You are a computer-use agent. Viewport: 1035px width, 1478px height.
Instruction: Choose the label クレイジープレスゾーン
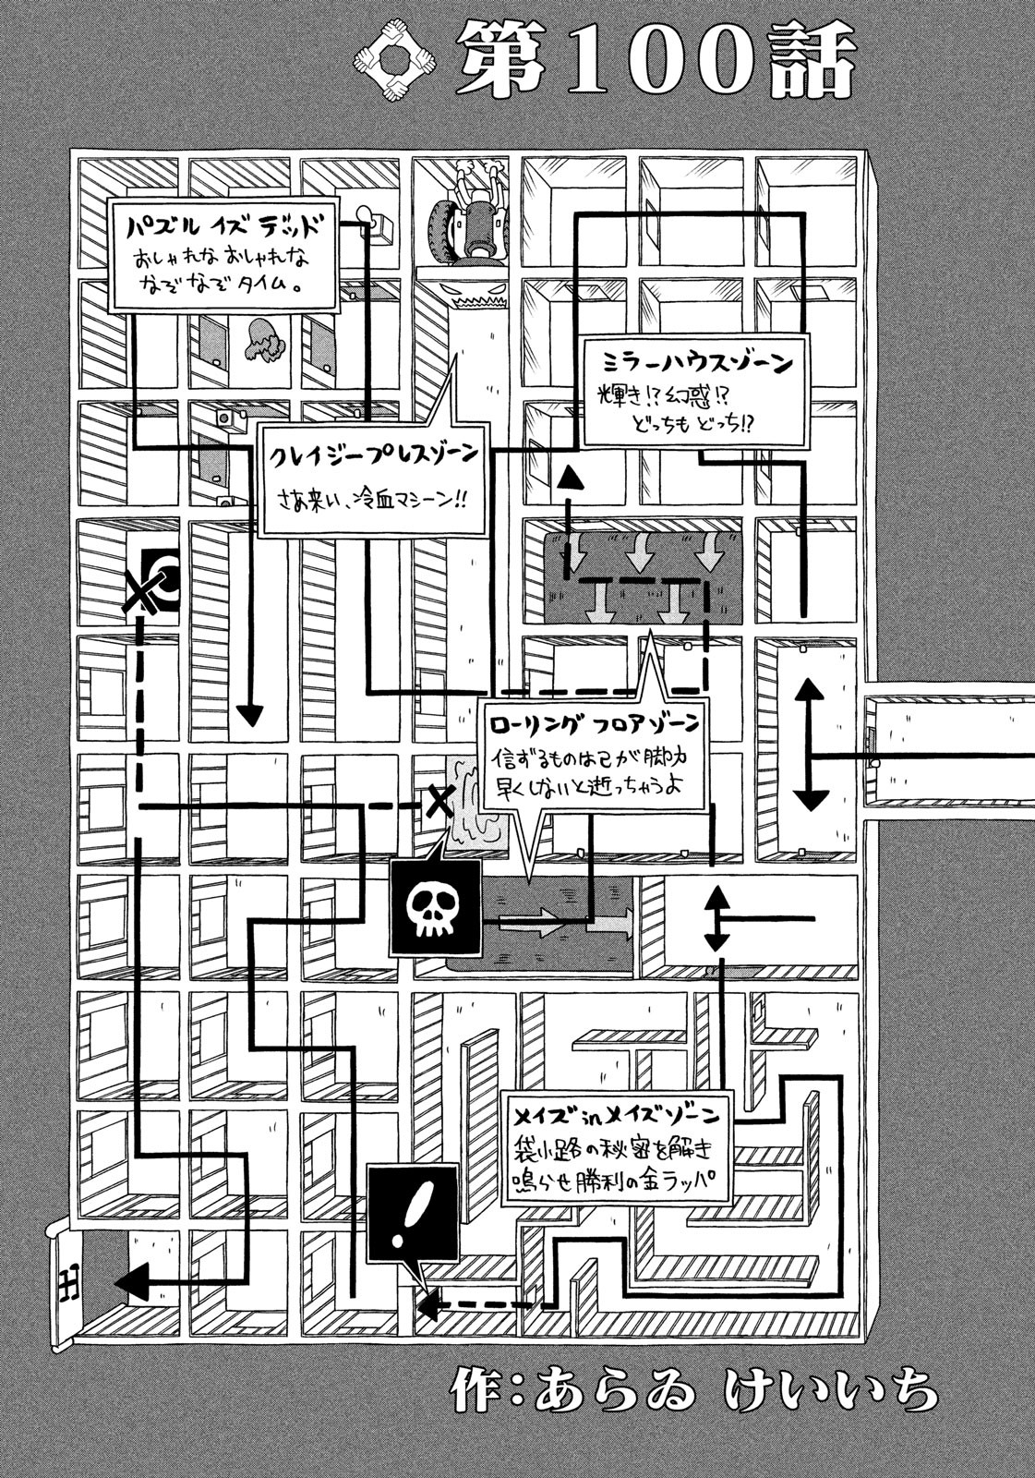pyautogui.click(x=373, y=455)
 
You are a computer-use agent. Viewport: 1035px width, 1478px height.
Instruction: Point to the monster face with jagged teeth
pyautogui.click(x=476, y=296)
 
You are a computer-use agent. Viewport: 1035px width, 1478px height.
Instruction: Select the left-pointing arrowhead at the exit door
pyautogui.click(x=129, y=1281)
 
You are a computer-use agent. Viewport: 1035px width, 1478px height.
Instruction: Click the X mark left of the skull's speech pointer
pyautogui.click(x=440, y=800)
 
